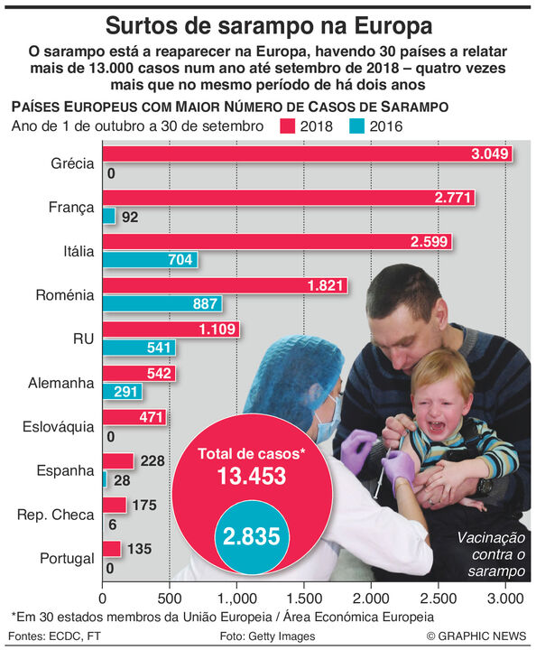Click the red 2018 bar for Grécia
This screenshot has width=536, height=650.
[308, 153]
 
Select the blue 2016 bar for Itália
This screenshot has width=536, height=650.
[150, 259]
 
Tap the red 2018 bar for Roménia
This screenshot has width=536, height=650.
[225, 285]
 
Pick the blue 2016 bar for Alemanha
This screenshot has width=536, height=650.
[122, 391]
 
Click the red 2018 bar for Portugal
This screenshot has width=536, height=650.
[111, 549]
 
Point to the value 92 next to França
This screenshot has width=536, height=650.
[130, 217]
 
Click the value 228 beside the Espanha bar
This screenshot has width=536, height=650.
[152, 461]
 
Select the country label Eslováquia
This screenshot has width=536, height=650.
[59, 427]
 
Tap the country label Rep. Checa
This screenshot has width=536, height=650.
[56, 515]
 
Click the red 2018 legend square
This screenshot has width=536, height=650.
[287, 126]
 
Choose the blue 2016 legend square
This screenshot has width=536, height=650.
[356, 126]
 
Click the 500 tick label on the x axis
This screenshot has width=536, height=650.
[170, 599]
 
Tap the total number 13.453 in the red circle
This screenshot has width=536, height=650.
[252, 476]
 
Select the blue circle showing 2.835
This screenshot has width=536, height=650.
[252, 536]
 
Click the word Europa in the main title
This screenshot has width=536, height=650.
[393, 25]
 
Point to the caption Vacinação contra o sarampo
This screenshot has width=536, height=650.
[492, 554]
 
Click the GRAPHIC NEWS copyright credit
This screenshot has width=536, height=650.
[476, 636]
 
